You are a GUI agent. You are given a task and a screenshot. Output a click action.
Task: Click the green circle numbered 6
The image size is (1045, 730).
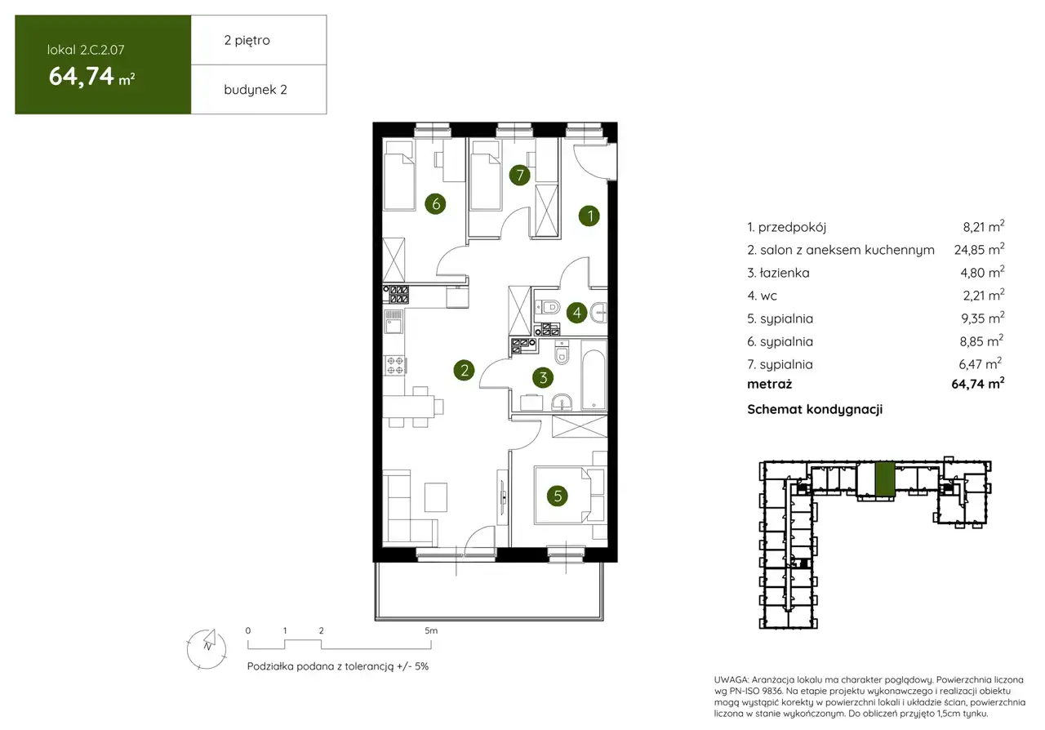point(435,203)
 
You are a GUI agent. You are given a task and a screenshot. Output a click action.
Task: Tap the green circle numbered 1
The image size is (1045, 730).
point(589,216)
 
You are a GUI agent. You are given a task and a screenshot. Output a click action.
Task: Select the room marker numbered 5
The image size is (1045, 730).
point(557,496)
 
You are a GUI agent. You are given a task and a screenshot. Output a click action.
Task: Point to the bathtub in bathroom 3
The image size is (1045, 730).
point(594,380)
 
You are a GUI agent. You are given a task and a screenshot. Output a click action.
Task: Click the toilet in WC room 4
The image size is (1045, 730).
point(549,307)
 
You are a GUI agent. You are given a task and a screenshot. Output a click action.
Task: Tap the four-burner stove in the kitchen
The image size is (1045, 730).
point(394,366)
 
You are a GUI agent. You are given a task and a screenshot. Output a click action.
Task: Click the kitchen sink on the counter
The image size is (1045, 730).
point(394,322)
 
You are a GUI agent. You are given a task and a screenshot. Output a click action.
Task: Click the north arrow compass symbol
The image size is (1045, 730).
point(207,648)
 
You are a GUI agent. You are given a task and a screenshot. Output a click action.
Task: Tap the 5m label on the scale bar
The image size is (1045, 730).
point(431,630)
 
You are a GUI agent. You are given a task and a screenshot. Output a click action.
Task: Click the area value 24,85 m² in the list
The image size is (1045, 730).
point(979,249)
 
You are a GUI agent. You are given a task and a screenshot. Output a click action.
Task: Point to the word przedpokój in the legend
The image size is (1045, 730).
point(792,227)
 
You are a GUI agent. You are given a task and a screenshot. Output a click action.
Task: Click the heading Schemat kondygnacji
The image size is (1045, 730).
point(815,409)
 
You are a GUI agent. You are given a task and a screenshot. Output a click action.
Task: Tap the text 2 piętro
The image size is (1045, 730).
point(247,41)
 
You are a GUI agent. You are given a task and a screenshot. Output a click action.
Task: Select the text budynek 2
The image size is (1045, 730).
point(256,90)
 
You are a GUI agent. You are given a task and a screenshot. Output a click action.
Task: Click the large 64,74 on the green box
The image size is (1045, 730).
point(82,76)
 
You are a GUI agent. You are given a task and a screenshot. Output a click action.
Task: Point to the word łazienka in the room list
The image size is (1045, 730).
point(785,273)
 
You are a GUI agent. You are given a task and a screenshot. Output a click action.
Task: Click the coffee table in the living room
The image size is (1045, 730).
point(436,497)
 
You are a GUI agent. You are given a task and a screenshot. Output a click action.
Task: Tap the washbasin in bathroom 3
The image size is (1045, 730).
point(562,402)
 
